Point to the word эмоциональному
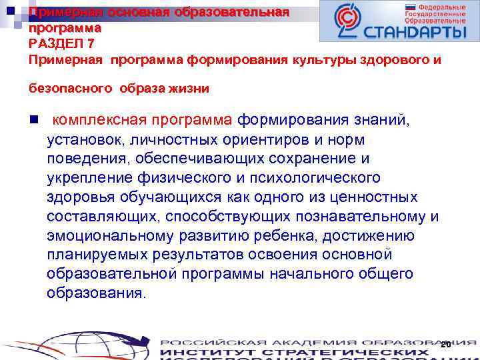point(103,236)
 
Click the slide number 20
point(446,344)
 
